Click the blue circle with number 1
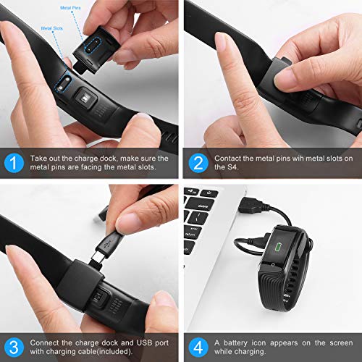tap(14, 163)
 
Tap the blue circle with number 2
tap(198, 163)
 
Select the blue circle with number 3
tap(14, 348)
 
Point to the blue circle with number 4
tap(198, 348)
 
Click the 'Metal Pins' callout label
tap(70, 8)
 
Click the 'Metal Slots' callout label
tap(52, 28)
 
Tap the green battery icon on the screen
tap(279, 247)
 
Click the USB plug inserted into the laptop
tap(252, 206)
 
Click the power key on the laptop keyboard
tap(209, 193)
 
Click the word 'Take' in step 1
tap(38, 159)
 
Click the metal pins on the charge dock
tap(92, 46)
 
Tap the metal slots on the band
tap(64, 84)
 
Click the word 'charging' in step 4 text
tap(252, 352)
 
